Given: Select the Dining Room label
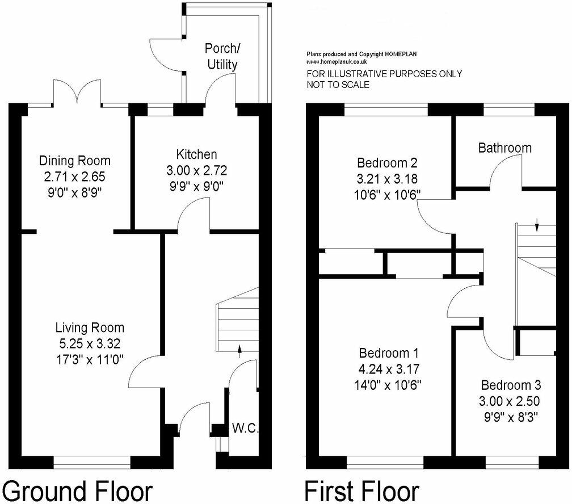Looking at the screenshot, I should coord(74,161).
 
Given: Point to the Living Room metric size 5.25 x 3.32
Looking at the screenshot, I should coord(90,343).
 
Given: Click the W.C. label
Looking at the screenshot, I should coord(245,429).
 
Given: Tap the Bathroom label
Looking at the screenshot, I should coord(504,148).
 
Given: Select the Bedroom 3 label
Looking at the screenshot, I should coord(508,384).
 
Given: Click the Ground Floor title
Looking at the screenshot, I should coord(78,490).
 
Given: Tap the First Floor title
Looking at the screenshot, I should coord(362,490).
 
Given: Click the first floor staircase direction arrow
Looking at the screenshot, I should coord(537,226).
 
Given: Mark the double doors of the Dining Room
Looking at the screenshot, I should coord(77,94).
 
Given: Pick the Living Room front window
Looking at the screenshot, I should coord(92,463).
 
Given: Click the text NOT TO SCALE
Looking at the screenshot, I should coord(338,85).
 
